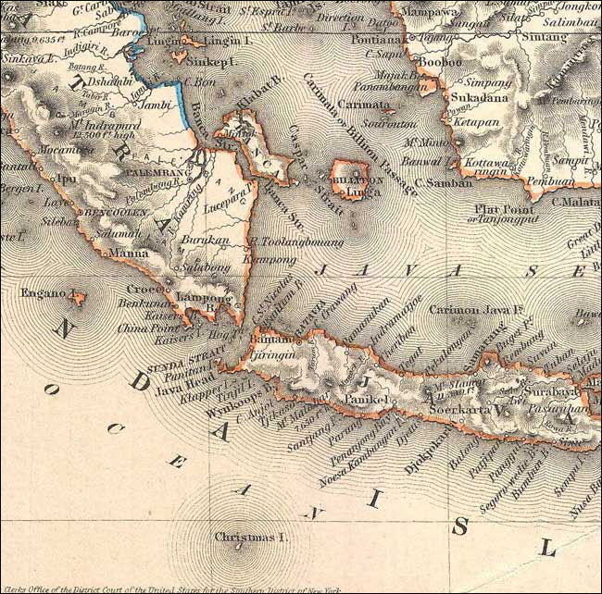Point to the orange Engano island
pos(80,298)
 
